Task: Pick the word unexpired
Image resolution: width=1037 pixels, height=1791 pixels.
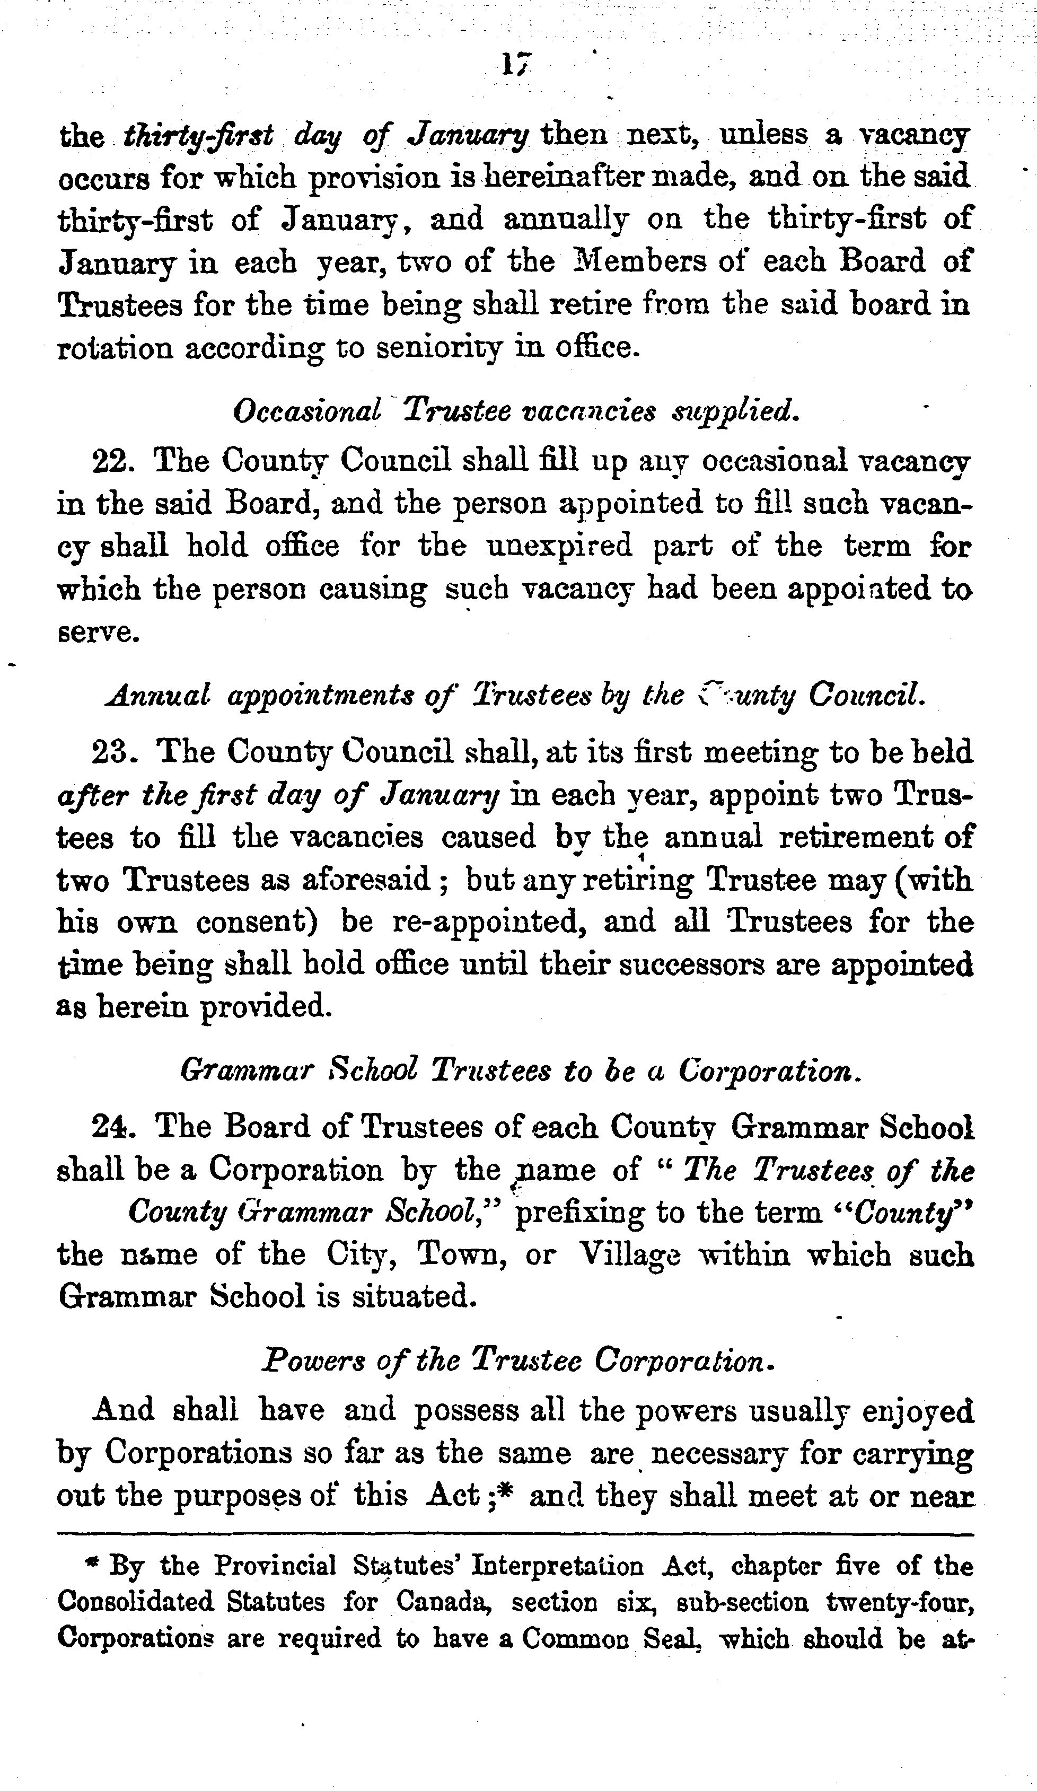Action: pyautogui.click(x=559, y=547)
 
